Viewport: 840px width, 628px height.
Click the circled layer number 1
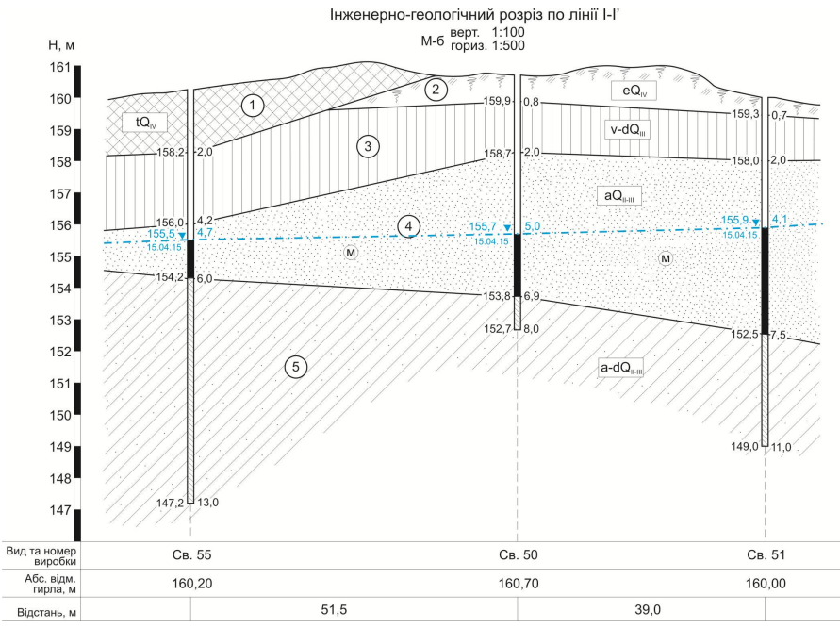point(253,105)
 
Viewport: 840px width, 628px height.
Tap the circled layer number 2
point(436,90)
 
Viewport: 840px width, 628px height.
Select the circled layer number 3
point(368,146)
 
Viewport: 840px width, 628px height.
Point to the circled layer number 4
point(408,226)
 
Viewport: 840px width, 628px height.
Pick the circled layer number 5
point(296,367)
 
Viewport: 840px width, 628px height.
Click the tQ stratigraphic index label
point(144,123)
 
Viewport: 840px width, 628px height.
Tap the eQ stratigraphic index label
point(634,91)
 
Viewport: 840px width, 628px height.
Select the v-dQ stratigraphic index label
point(627,130)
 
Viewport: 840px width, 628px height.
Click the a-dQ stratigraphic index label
point(621,368)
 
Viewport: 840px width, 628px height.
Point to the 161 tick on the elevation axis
point(60,67)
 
